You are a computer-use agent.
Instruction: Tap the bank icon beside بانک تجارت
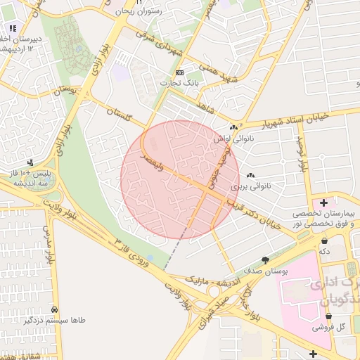coord(179,72)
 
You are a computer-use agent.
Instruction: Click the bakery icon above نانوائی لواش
coord(233,128)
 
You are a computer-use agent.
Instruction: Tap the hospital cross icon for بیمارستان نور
coord(323,203)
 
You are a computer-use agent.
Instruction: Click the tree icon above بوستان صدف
coord(264,260)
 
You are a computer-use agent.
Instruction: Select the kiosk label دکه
coord(324,250)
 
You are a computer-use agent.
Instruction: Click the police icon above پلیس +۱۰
coord(30,162)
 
